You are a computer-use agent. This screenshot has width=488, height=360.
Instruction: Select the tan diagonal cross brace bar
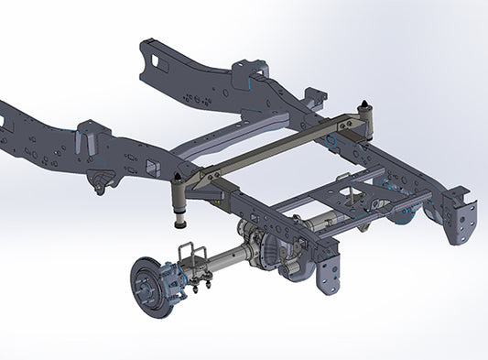coord(275,146)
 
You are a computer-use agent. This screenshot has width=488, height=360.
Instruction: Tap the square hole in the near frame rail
coord(147,166)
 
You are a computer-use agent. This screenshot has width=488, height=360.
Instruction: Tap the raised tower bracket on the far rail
coord(249,71)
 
